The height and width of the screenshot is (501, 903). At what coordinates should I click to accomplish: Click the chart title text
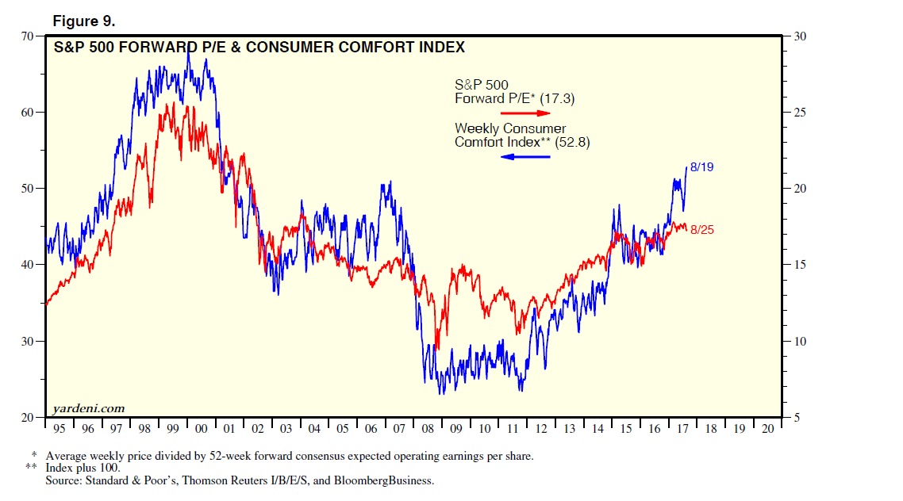[x=259, y=48]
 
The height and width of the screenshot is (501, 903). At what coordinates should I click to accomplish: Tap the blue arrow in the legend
[x=525, y=156]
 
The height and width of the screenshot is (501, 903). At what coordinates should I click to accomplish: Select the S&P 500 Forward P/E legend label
[x=514, y=92]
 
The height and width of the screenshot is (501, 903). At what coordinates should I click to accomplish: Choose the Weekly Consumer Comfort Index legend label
[x=522, y=136]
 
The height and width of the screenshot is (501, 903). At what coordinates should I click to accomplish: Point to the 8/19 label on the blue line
[x=703, y=167]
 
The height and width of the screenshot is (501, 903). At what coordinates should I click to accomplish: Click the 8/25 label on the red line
[x=703, y=229]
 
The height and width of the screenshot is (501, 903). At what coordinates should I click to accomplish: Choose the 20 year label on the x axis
[x=767, y=429]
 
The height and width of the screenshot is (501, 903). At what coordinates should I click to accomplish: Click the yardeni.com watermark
[x=88, y=408]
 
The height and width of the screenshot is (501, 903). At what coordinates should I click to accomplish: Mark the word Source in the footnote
[x=64, y=480]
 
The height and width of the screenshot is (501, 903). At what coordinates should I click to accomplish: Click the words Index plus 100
[x=83, y=468]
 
